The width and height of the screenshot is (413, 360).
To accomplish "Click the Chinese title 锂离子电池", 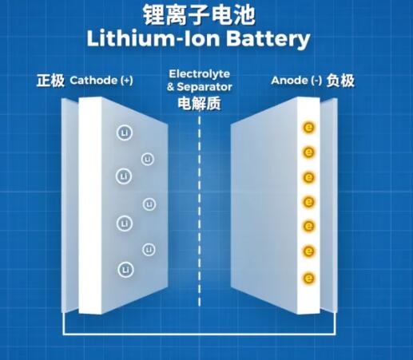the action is click(x=199, y=14).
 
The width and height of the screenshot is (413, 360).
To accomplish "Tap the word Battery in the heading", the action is click(x=268, y=39).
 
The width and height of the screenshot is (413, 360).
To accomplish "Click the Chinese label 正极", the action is click(x=50, y=81).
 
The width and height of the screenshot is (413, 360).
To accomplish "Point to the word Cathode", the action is click(x=93, y=81).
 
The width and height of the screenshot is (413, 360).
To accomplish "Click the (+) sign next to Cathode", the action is click(x=126, y=81).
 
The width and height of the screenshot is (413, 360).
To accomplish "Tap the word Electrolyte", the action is click(x=199, y=74).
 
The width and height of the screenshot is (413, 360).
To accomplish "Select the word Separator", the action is click(x=205, y=87).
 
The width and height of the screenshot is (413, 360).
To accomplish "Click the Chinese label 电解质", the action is click(x=199, y=103).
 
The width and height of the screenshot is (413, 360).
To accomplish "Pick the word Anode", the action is click(x=289, y=81).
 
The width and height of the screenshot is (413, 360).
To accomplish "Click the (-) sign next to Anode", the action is click(x=316, y=81).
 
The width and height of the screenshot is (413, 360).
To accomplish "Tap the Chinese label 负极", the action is click(x=340, y=81).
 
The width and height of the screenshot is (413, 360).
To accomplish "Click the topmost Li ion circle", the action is click(x=125, y=133).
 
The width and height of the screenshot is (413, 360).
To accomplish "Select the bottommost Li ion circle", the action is click(x=125, y=270).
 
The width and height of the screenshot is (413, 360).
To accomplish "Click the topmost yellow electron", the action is click(x=308, y=128).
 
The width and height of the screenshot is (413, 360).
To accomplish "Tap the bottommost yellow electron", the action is click(x=308, y=279).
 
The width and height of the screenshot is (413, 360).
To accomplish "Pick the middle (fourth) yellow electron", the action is click(x=308, y=202).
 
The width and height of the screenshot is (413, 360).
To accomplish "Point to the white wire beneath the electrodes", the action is click(x=199, y=334).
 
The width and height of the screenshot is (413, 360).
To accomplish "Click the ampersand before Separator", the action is click(x=171, y=87).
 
